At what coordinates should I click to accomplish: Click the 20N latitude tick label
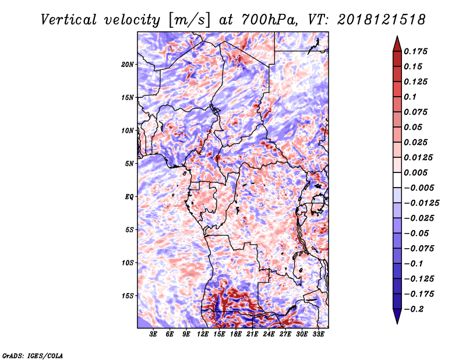click(127, 65)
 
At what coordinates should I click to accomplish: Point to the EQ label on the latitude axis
click(129, 197)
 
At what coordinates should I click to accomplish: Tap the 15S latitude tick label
click(128, 296)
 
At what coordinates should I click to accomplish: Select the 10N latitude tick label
click(127, 130)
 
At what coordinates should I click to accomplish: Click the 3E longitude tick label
click(153, 334)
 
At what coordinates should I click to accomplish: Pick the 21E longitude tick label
click(252, 334)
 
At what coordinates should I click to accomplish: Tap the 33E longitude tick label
click(318, 334)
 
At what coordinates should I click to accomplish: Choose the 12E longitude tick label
click(202, 334)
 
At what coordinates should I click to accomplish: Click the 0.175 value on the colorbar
click(415, 51)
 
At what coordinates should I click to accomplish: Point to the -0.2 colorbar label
click(414, 309)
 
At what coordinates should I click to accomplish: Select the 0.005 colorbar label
click(415, 172)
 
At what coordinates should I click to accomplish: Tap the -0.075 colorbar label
click(419, 249)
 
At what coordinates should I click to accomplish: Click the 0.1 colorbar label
click(410, 97)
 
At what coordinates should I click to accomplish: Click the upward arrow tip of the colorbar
click(397, 36)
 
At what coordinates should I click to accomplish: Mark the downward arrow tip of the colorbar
click(397, 323)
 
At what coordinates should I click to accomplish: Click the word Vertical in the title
click(68, 20)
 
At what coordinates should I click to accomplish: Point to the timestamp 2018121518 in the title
click(382, 20)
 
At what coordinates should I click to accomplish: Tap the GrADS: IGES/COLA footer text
click(33, 356)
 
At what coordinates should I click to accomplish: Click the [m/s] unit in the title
click(189, 20)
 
